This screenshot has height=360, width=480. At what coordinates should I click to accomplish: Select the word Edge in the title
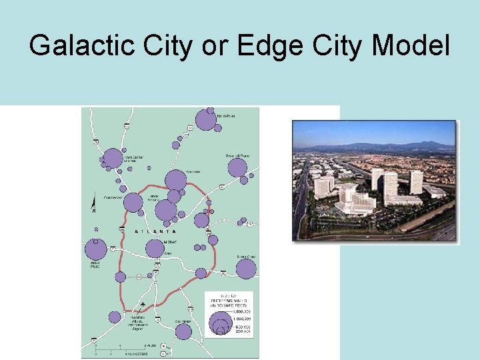275,45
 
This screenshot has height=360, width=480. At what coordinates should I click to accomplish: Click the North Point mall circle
205,120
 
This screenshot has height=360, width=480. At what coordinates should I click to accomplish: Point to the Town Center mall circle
113,159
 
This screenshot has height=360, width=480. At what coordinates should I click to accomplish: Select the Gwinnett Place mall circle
237,167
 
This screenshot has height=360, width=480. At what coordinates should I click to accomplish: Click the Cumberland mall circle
133,203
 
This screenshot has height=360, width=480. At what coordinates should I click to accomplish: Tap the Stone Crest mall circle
246,269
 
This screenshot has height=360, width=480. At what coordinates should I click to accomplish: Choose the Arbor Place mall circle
96,249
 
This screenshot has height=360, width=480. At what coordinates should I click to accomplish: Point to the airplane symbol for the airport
144,305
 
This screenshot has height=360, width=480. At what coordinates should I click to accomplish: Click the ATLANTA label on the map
157,231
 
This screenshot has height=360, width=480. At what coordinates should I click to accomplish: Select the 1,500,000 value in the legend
235,309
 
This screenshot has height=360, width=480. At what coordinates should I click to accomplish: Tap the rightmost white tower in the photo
416,181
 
